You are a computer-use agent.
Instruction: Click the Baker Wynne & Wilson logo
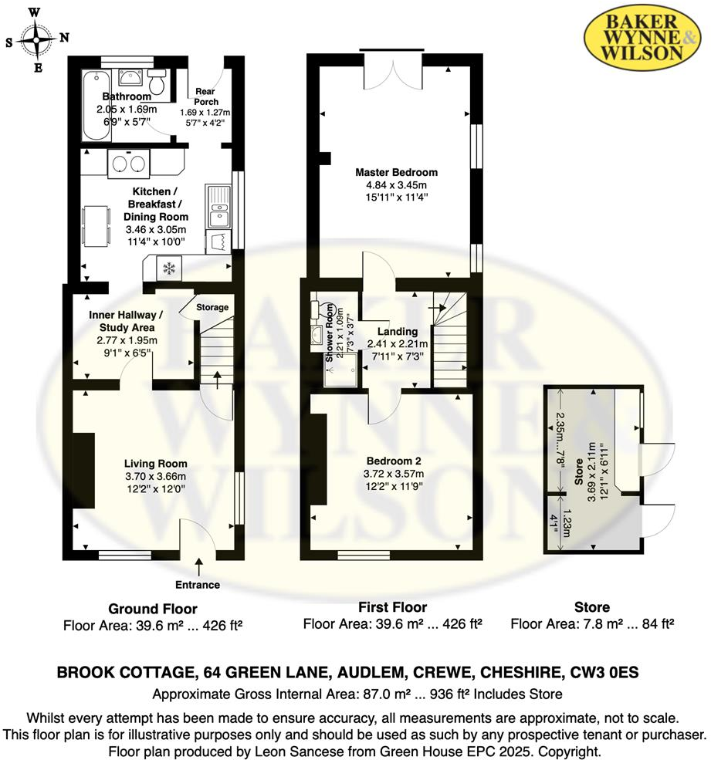[644, 37]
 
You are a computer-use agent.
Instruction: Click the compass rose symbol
[36, 39]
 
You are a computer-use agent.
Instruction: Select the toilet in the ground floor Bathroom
[157, 82]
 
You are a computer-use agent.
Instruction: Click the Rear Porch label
[206, 96]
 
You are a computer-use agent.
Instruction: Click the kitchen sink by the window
[218, 206]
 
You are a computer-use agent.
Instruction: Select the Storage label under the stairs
[212, 307]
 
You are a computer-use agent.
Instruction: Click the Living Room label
[156, 464]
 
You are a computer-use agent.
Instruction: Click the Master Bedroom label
[396, 172]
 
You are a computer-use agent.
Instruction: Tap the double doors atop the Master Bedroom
[391, 69]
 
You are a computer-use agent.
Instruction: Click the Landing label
[398, 332]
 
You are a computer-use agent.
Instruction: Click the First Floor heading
[391, 607]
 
